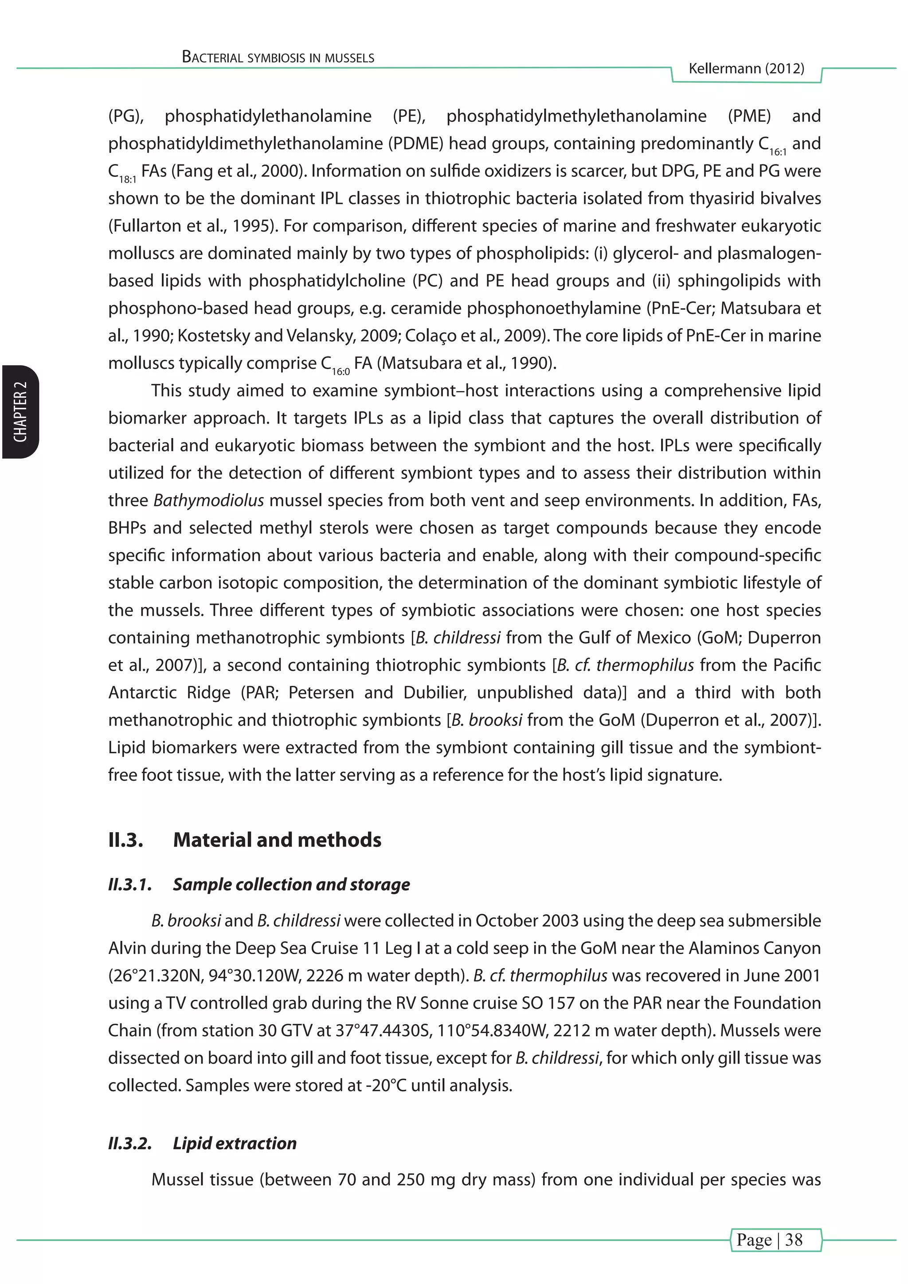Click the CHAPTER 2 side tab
(x=20, y=411)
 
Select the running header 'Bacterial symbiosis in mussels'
(x=278, y=57)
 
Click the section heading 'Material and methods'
(x=277, y=840)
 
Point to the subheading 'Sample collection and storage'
(x=291, y=884)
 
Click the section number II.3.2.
(x=130, y=1143)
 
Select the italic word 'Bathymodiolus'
(x=208, y=500)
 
